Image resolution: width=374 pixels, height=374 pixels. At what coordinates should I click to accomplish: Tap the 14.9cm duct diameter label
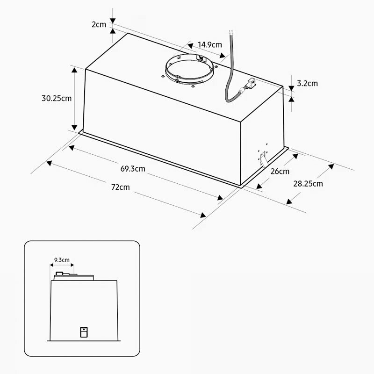coord(209,45)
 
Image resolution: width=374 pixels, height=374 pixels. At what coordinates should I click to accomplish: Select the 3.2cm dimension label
coord(307,84)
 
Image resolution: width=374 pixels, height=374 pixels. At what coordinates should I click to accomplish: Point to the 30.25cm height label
coord(57,99)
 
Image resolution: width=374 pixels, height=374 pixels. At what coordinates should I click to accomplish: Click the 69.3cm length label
coord(133,169)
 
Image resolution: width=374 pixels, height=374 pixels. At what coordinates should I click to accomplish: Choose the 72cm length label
coord(121,187)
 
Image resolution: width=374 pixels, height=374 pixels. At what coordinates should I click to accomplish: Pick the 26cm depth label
coord(280,171)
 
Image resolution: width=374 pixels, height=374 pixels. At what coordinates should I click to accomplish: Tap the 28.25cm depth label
coord(308,183)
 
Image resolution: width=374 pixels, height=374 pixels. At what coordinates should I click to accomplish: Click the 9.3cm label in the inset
coord(62,259)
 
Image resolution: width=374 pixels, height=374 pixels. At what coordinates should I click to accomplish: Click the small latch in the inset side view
coord(83,332)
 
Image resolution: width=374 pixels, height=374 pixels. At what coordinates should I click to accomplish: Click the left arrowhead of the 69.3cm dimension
coord(72,148)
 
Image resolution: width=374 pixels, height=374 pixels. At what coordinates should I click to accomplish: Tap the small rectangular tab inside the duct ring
coord(202,58)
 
